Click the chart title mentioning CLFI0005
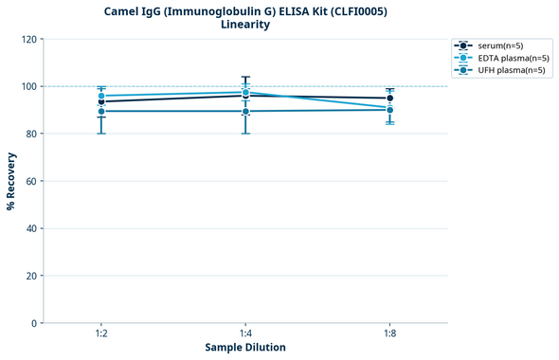tap(245, 10)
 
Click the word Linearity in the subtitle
tap(245, 25)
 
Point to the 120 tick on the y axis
tap(30, 39)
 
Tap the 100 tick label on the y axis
tap(30, 86)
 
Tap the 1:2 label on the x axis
tap(101, 334)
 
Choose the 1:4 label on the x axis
tap(245, 334)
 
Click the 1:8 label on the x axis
tap(389, 334)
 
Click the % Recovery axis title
tap(11, 181)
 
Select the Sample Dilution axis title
tap(245, 348)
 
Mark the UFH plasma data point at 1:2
tap(101, 112)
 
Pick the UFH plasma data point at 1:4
tap(245, 112)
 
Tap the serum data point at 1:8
tap(389, 99)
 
